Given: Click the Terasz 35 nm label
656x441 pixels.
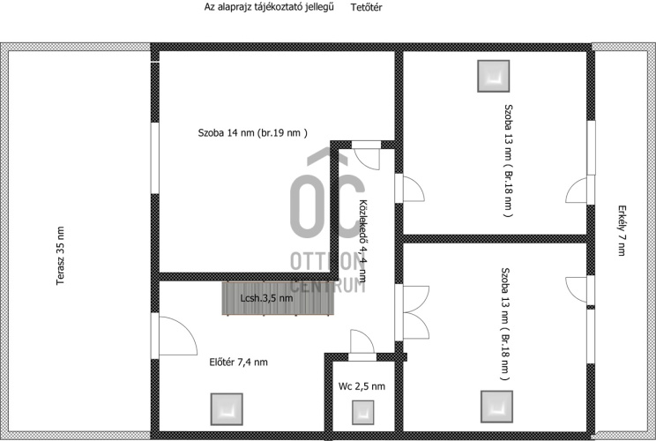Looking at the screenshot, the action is tap(60, 256).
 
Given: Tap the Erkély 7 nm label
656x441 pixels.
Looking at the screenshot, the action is tap(622, 230).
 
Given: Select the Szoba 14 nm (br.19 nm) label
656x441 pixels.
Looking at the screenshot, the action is tap(253, 133).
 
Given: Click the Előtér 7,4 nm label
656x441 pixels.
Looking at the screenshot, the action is tap(238, 362).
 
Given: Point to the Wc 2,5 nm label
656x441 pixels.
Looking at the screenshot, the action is tap(362, 386).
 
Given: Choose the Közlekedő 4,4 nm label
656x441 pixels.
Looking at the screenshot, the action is tap(363, 241).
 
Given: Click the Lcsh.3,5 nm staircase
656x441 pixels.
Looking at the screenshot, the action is tap(279, 298).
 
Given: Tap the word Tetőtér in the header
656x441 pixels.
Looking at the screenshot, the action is tap(367, 7).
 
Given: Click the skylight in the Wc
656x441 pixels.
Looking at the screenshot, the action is tap(362, 413).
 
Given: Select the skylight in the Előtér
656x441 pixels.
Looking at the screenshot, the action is tap(227, 409).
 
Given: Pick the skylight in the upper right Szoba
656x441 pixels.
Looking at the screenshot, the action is tap(494, 76).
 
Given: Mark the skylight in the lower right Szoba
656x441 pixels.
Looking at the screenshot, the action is tap(496, 407).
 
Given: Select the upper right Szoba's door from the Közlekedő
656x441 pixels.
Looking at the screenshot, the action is tap(410, 188).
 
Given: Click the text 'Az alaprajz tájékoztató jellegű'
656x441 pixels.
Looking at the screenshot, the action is tap(269, 7).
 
